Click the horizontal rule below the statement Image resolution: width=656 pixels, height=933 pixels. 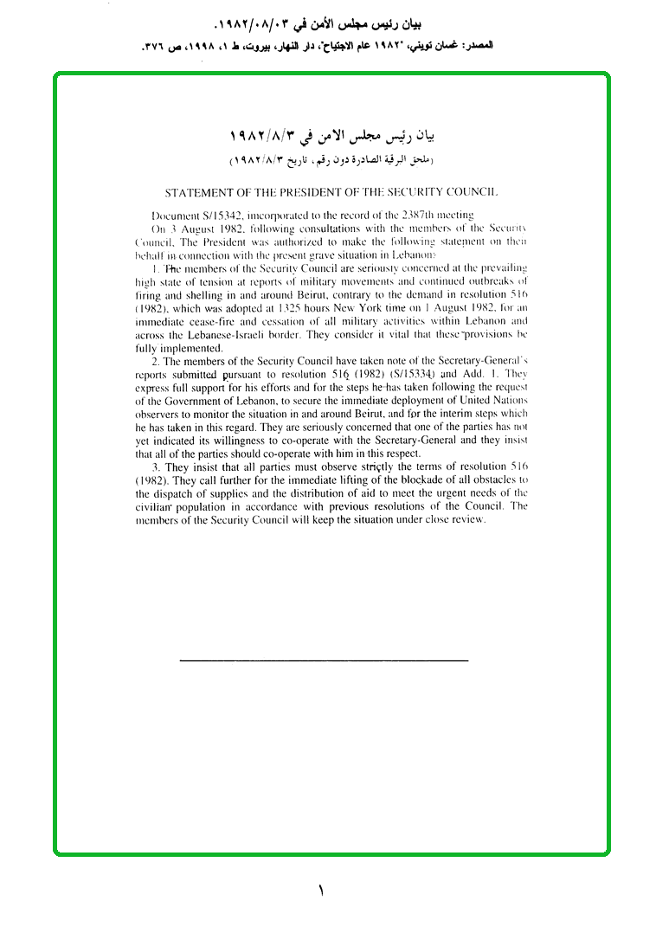click(324, 661)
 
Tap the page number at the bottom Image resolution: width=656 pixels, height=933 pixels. click(320, 890)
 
